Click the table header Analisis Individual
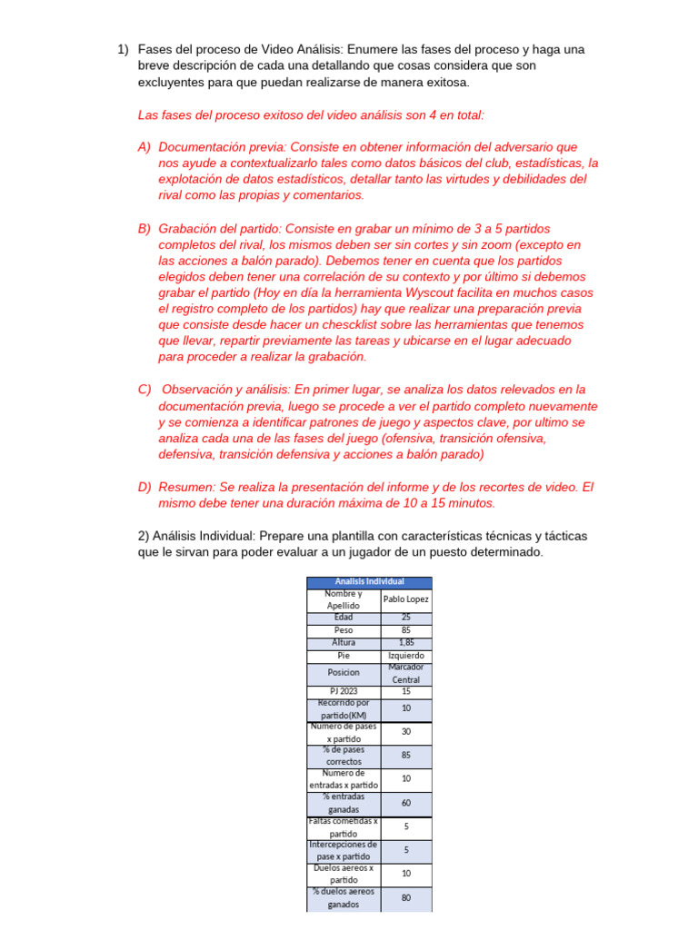tap(369, 582)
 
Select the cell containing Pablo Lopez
tap(406, 599)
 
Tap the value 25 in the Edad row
tap(406, 618)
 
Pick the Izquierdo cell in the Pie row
tap(406, 656)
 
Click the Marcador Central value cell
tap(406, 673)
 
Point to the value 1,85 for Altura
tap(406, 642)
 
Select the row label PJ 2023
tap(344, 692)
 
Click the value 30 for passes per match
tap(406, 733)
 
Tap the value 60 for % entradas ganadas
tap(406, 804)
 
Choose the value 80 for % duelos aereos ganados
tap(406, 898)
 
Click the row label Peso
tap(344, 630)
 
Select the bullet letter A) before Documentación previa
tap(145, 147)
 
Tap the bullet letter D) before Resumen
tap(145, 487)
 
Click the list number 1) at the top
tap(123, 50)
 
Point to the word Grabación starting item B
tap(190, 228)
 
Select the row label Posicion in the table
tap(344, 673)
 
